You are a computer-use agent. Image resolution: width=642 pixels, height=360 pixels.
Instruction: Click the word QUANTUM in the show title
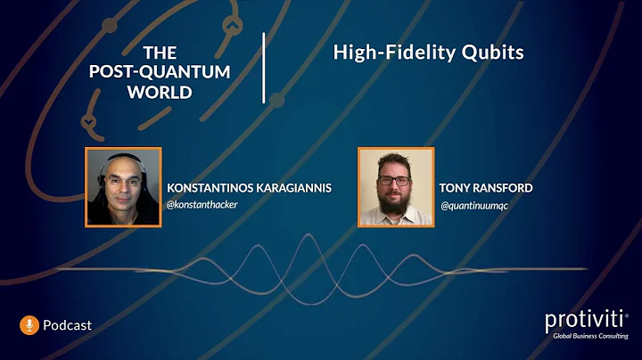click(x=191, y=71)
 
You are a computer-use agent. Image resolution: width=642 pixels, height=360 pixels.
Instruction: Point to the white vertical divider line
click(x=264, y=68)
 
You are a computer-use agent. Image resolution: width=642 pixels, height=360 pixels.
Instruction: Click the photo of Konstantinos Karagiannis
click(x=123, y=186)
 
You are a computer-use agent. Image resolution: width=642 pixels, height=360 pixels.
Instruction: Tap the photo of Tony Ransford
click(x=395, y=186)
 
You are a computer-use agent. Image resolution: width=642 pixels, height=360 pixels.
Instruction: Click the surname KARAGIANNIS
click(x=294, y=188)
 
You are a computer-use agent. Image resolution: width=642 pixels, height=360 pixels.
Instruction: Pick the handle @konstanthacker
click(x=202, y=204)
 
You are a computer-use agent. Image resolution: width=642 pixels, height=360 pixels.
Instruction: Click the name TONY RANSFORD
click(x=486, y=188)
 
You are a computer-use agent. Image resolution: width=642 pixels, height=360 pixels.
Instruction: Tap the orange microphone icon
click(x=29, y=325)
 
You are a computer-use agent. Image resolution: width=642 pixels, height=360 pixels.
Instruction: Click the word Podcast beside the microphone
click(x=67, y=326)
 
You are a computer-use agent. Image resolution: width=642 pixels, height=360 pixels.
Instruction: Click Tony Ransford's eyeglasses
click(x=395, y=180)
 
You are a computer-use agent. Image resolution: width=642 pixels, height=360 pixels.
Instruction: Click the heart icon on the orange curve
click(x=87, y=119)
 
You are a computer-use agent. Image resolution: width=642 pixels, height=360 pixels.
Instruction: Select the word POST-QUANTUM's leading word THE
click(x=160, y=53)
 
